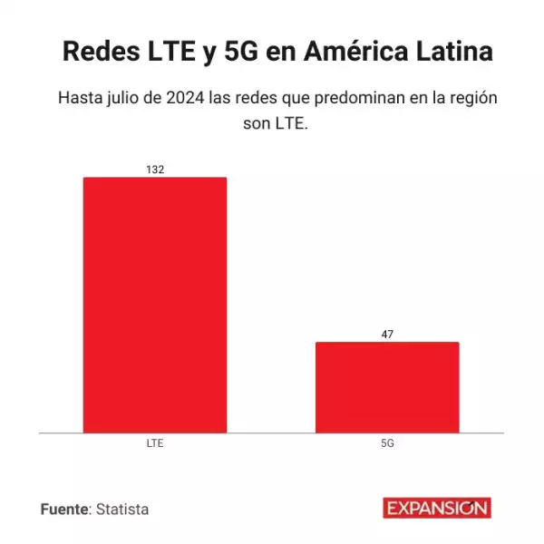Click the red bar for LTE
[x=155, y=305]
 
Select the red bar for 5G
[x=387, y=387]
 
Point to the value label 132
[x=155, y=170]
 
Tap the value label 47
[x=387, y=335]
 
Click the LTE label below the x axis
[x=155, y=444]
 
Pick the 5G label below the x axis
[x=387, y=444]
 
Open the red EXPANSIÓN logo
[x=436, y=509]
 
